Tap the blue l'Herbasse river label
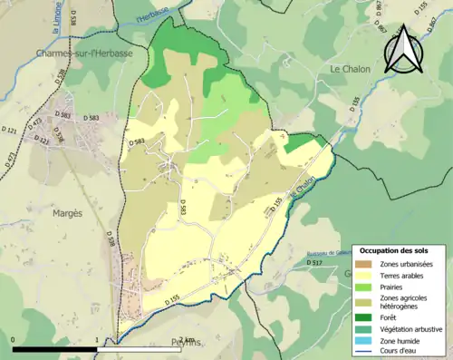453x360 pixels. [151, 15]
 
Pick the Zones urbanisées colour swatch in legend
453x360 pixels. [364, 263]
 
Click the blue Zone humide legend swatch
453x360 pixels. [364, 342]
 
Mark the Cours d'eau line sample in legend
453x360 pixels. [364, 353]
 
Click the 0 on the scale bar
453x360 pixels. [13, 340]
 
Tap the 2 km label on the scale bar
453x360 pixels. [186, 340]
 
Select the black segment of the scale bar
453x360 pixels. [55, 349]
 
